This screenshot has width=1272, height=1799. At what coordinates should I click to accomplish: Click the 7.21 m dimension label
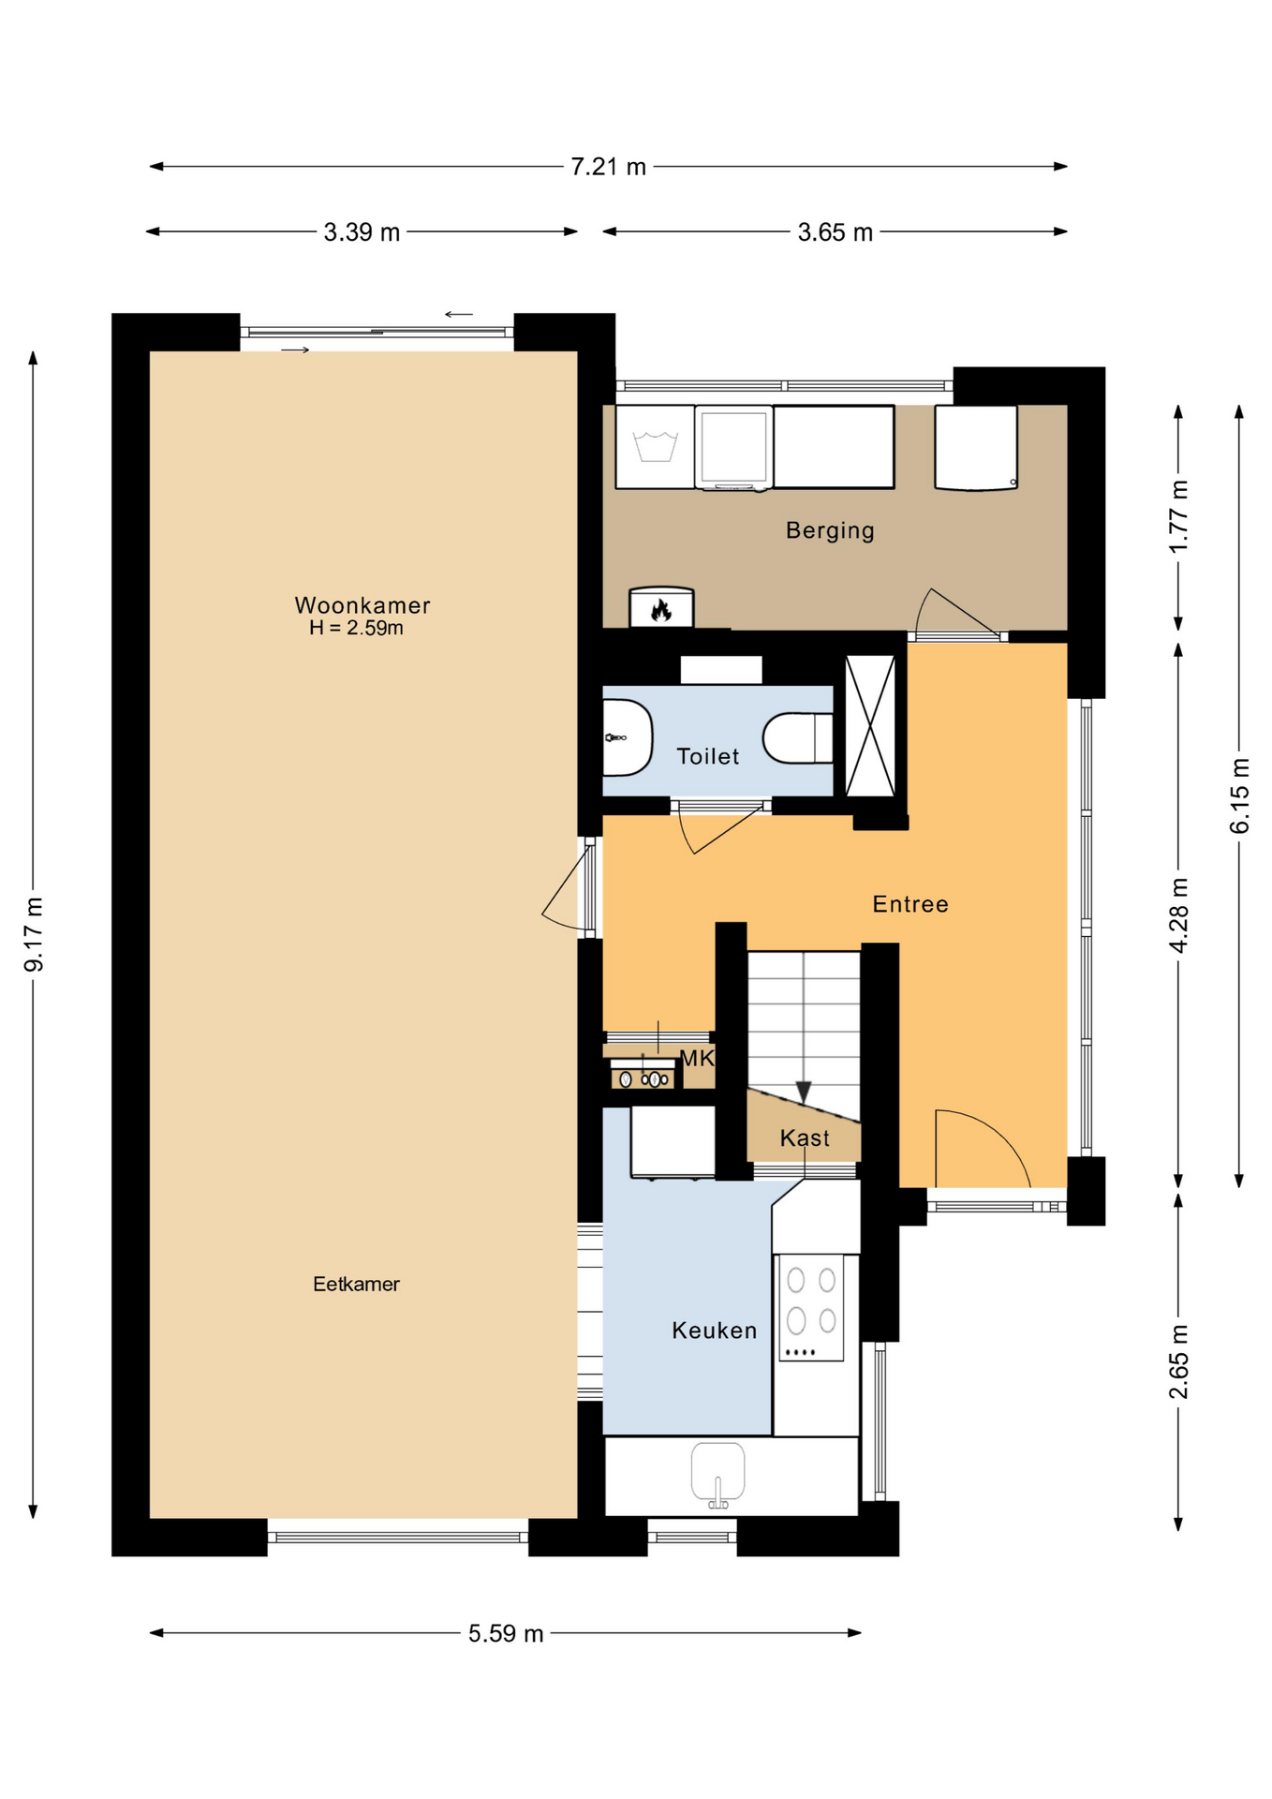pos(608,167)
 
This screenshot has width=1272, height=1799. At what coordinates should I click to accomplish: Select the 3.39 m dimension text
pos(362,232)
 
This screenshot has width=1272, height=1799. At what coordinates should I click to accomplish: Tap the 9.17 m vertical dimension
pos(34,933)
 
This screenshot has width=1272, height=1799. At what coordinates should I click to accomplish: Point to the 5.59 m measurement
pos(506,1633)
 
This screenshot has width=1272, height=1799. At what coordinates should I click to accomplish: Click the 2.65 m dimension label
pos(1178,1361)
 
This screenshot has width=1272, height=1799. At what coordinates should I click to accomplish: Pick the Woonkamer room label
pos(362,605)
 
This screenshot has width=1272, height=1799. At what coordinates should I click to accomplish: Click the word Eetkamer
pos(356,1284)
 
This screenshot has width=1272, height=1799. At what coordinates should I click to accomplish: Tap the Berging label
pos(830,530)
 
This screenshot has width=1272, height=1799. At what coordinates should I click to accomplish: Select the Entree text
pos(910,904)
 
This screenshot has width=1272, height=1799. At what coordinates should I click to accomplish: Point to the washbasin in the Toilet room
pos(626,738)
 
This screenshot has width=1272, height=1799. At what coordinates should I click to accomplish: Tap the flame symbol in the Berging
pos(661,610)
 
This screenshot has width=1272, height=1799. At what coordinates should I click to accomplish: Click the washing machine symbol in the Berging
pos(655,447)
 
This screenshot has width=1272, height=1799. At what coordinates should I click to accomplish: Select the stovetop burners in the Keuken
pos(811,1302)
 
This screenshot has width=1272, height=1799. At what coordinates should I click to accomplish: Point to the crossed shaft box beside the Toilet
pos(870,726)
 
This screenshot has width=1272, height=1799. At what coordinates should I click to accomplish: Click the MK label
pos(697,1059)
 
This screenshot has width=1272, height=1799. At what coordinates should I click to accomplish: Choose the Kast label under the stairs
pos(805,1137)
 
